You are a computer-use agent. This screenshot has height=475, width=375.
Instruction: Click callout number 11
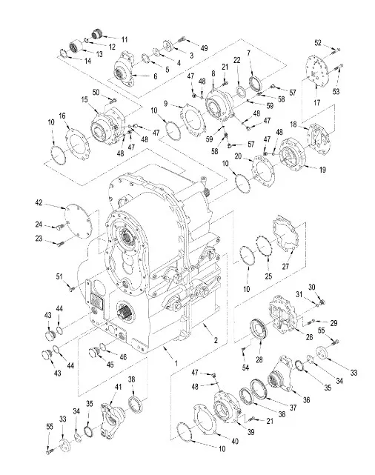coord(125,40)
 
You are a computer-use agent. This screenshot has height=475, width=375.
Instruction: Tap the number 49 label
coord(204,48)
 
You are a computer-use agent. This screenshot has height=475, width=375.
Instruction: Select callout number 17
coord(317,103)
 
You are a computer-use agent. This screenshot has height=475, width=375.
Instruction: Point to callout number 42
coord(39,202)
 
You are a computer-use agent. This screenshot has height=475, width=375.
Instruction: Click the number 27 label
coord(285,267)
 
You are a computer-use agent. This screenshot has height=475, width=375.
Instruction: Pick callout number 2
coord(216,340)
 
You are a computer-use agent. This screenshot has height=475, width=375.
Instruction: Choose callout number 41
coord(118,387)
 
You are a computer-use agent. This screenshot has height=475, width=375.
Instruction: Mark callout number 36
coord(307,400)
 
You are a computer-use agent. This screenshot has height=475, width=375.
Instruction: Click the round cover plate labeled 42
coord(78,222)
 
